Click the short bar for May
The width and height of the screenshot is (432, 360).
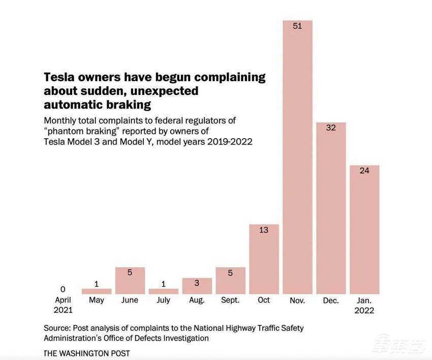click(97, 291)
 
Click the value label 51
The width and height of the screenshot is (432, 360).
click(297, 26)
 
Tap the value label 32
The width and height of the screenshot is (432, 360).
click(331, 128)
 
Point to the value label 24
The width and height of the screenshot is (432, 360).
click(364, 171)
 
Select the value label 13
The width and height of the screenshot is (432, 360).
click(264, 230)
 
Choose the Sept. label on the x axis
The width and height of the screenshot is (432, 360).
click(230, 300)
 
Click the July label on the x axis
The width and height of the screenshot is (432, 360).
click(164, 300)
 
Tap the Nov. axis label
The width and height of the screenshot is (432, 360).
click(297, 301)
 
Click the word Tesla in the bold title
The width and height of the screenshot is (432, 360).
click(60, 78)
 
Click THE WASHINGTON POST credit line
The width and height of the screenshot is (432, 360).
click(87, 353)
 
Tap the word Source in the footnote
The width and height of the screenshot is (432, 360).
click(56, 328)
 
